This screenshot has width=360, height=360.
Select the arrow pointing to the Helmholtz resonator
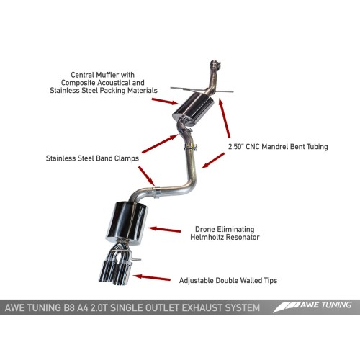click(x=164, y=230)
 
